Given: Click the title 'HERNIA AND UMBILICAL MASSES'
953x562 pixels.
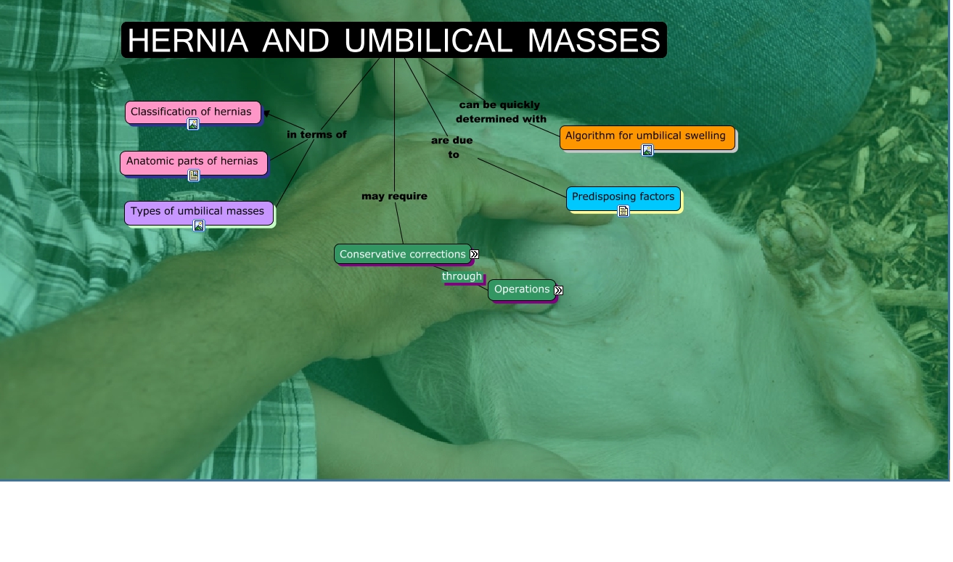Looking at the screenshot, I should coord(393,41).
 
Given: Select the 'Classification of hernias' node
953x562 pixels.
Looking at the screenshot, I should coord(192,112).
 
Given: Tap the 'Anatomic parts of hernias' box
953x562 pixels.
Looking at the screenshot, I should coord(192,161).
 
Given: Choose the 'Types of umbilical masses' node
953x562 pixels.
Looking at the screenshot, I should coord(197,212).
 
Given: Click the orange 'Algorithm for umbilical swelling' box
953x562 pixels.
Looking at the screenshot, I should coord(645,136).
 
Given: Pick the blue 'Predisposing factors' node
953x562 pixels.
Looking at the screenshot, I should coord(623,197).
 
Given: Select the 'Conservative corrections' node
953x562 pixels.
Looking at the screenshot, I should coord(402,255).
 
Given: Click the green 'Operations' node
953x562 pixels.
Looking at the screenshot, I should coord(521,289).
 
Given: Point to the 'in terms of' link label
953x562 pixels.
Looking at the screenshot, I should coord(316,135).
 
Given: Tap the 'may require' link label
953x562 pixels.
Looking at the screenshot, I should coord(394,197).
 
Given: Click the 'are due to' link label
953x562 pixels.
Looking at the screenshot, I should coord(451,147).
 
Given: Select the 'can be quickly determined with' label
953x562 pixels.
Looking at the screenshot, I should coord(501,112).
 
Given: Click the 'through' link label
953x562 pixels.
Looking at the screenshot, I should coord(462,276).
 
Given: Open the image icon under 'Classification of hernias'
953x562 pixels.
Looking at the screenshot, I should coord(193,124).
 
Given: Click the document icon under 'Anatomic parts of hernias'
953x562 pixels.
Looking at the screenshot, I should coord(194,175).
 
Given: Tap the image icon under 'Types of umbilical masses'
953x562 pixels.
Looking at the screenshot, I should coord(199,226).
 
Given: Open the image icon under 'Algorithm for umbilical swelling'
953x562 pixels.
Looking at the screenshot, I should coord(647,150).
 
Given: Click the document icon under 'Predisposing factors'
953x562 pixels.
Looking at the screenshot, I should coord(623,211).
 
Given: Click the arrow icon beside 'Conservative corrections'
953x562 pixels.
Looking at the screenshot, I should coord(475,255).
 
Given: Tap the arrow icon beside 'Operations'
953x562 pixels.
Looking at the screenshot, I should coord(559,290).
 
